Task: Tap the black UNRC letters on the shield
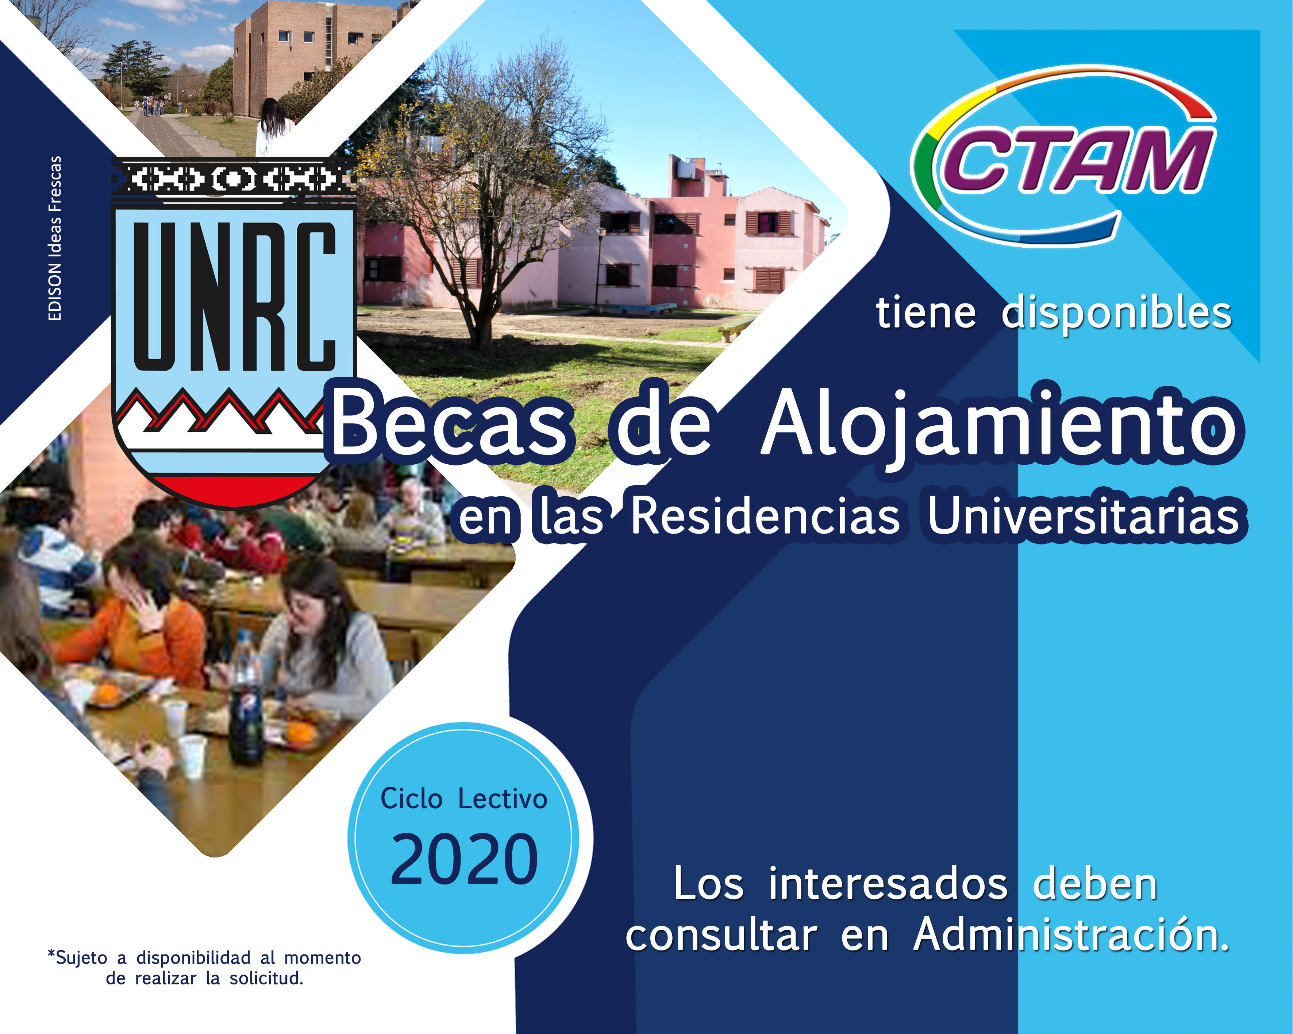[234, 297]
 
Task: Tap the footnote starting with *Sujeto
[204, 968]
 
